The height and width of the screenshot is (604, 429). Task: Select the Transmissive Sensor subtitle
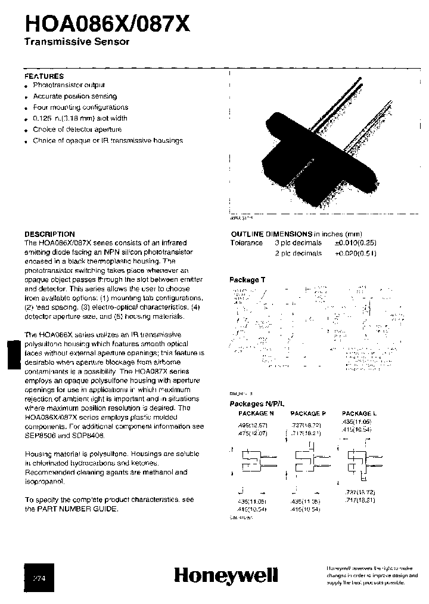(76, 42)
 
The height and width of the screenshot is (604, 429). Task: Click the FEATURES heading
(43, 76)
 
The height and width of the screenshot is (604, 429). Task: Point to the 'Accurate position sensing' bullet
(74, 96)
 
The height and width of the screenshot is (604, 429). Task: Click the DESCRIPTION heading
(49, 234)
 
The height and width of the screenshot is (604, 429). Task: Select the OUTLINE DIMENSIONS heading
(271, 234)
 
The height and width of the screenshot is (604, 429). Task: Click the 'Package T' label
(244, 279)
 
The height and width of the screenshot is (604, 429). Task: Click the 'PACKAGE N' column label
(256, 413)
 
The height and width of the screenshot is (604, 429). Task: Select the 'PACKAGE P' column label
(308, 413)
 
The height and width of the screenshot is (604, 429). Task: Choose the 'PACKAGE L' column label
(359, 413)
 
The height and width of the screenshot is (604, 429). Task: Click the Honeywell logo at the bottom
(226, 575)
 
